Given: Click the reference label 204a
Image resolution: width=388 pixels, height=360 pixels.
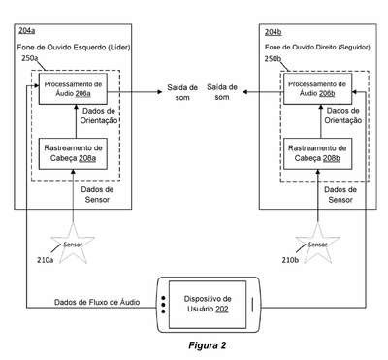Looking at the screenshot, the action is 26,31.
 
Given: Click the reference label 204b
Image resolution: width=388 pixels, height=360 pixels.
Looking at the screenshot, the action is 274,32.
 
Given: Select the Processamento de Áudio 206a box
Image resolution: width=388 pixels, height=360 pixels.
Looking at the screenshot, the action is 73,88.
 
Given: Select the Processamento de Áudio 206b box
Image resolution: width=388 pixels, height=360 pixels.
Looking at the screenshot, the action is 317,88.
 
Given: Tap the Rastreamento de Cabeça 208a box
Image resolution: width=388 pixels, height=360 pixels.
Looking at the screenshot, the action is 73,153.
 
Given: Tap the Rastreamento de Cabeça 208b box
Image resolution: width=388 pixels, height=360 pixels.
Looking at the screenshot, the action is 317,153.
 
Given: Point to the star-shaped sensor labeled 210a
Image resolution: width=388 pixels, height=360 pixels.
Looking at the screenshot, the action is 73,245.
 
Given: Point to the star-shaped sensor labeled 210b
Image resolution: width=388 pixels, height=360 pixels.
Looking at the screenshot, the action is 318,245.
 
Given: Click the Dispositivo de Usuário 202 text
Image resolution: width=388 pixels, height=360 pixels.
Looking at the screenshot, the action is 208,304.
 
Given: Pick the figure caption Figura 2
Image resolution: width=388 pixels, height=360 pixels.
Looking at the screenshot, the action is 208,345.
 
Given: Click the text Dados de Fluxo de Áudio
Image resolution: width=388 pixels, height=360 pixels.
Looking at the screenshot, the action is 97,302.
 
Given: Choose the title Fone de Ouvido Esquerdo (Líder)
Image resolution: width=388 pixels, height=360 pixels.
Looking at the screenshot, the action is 74,48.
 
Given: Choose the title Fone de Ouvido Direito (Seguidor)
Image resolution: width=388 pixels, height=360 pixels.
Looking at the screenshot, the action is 317,48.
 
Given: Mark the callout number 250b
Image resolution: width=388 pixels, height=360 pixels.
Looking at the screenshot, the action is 273,59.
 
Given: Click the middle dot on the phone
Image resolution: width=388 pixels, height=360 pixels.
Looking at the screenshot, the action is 163,305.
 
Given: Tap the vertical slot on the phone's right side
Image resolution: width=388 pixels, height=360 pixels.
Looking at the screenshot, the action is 252,305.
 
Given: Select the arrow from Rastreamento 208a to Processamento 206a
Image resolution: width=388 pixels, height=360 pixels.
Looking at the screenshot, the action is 76,121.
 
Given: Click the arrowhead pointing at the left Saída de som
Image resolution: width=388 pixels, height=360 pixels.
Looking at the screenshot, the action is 159,92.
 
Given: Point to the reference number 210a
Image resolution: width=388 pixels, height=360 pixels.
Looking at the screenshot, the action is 46,260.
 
